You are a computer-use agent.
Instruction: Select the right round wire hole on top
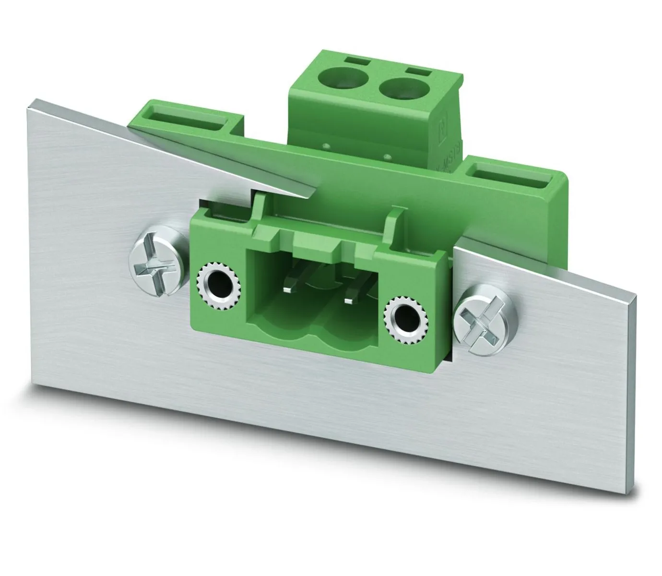pyautogui.click(x=400, y=88)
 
